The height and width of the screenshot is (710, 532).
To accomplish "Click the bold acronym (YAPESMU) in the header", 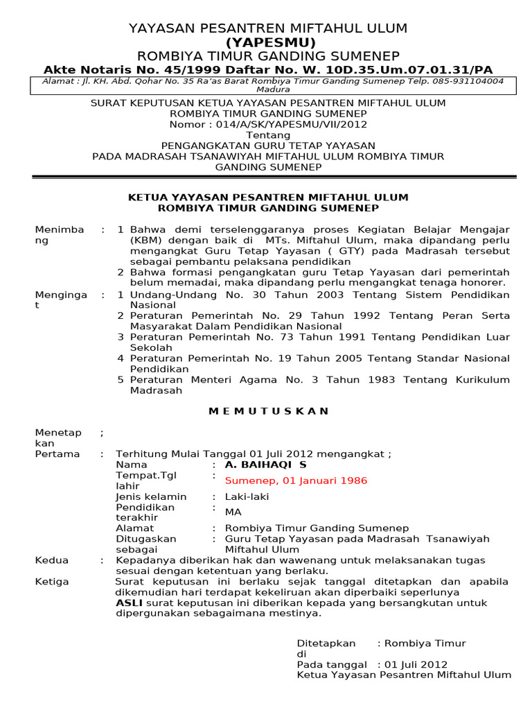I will point(268,42).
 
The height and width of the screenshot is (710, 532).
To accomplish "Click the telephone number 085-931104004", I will point(468,81).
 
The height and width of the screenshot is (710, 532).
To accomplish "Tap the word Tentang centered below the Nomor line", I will point(268,135).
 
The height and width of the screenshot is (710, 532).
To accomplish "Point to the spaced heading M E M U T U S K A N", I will point(269,411).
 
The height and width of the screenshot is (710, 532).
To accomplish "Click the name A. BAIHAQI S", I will point(265,465).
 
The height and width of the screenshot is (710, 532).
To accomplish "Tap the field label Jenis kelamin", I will point(151,496).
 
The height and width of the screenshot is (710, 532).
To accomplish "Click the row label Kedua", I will point(52,560).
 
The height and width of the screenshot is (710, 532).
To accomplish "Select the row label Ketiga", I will point(52,582).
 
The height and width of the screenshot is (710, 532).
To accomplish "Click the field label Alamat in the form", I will point(135,528).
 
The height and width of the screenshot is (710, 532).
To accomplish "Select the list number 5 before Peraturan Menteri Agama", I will point(121,380).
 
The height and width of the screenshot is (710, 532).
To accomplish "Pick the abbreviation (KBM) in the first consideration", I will point(145,240).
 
